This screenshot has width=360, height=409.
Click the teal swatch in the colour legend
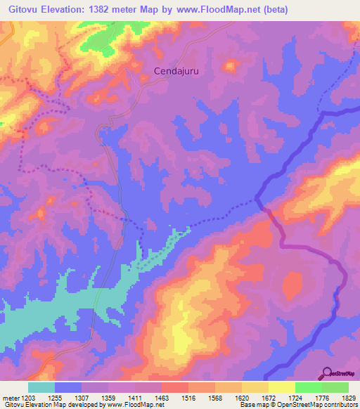41,387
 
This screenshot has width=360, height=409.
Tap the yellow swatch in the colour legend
282,387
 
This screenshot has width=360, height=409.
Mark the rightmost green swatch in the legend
335,387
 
